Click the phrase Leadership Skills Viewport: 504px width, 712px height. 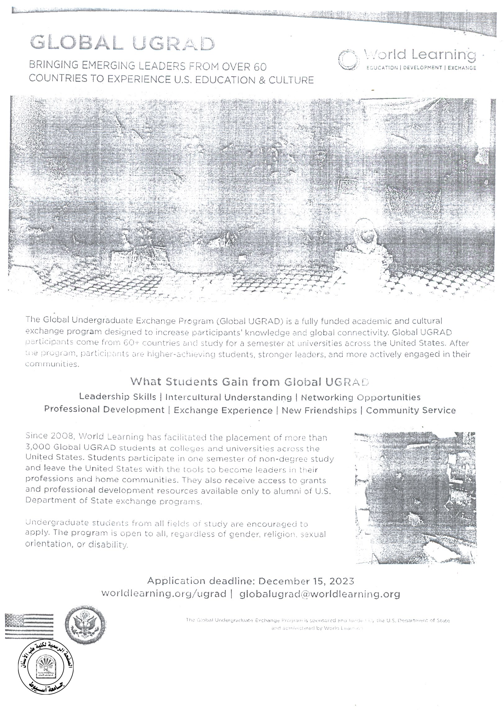click(117, 397)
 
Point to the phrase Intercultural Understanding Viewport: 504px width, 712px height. click(229, 397)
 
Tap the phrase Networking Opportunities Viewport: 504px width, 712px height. click(361, 397)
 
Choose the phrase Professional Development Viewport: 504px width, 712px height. click(104, 410)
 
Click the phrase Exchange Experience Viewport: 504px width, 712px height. click(223, 410)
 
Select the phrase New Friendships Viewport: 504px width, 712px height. click(319, 410)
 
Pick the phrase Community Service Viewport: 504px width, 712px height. click(411, 410)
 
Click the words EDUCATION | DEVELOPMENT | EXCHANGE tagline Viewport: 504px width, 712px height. click(421, 68)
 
